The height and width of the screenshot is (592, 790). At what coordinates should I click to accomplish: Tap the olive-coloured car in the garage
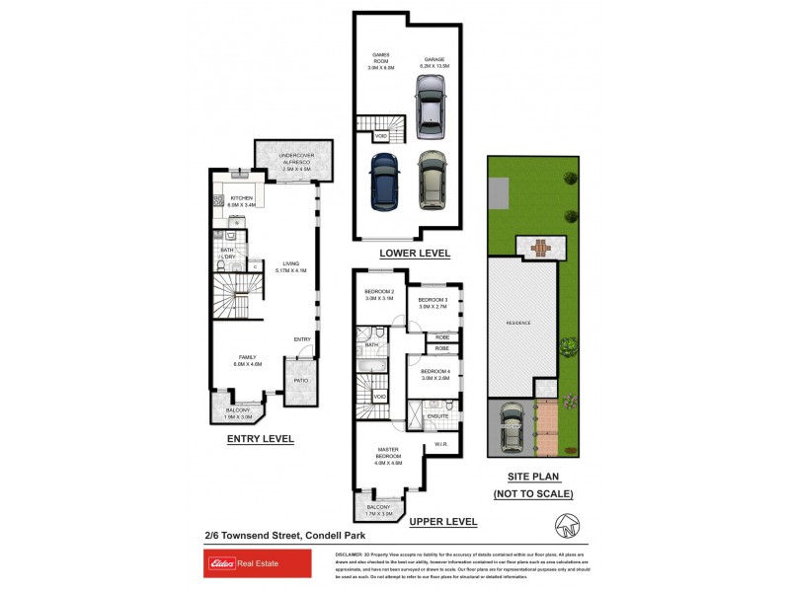[432, 181]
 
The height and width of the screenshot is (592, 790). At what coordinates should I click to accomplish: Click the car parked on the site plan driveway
[512, 428]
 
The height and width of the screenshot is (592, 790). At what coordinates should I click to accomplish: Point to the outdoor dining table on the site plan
[539, 247]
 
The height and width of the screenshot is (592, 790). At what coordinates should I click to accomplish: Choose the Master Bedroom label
[387, 453]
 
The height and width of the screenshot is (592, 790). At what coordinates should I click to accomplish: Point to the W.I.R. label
[441, 444]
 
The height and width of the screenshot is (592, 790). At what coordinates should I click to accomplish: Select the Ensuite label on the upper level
[438, 416]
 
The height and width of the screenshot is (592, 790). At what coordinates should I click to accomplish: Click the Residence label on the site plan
[518, 323]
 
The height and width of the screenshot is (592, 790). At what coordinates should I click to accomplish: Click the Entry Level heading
[260, 439]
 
